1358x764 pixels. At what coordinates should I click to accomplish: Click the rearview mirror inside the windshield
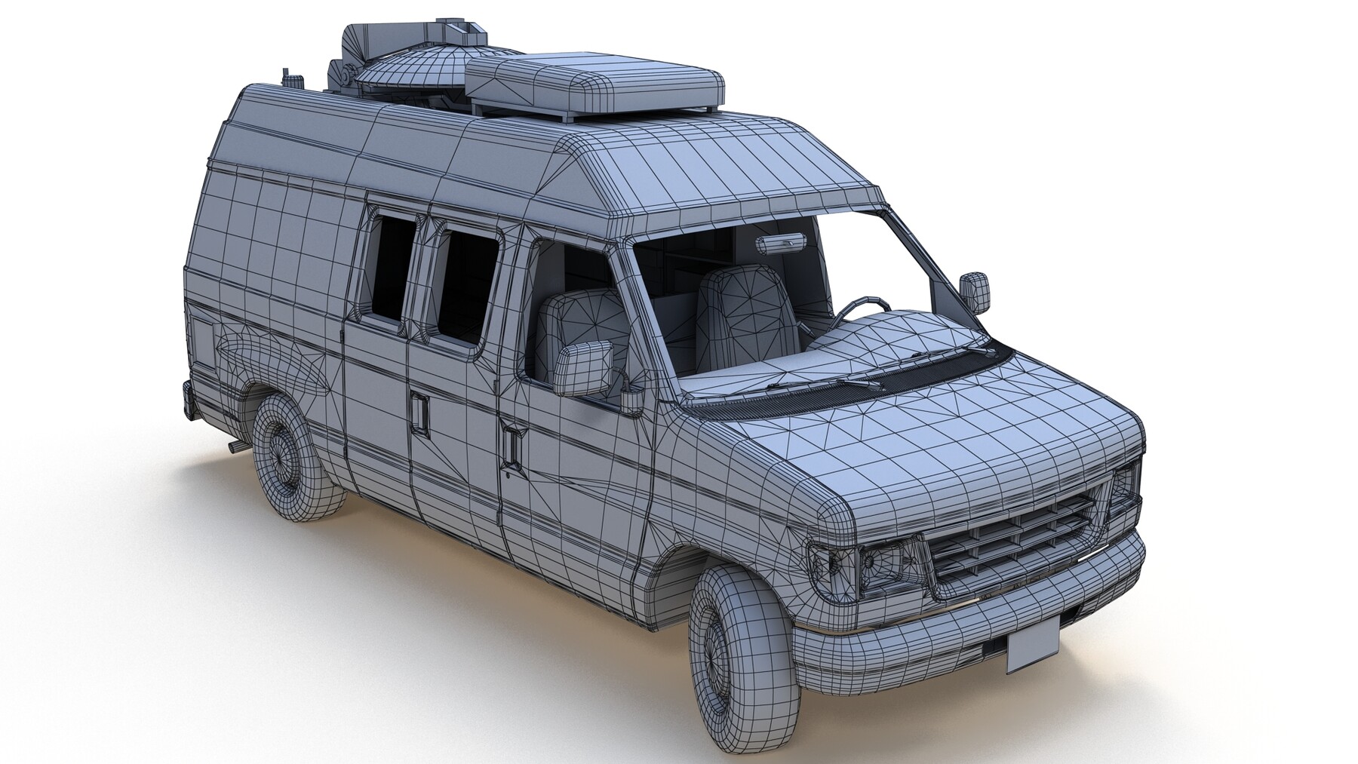click(x=783, y=243)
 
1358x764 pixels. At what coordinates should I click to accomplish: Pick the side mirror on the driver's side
click(x=975, y=293)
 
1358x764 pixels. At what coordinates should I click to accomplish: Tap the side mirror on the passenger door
click(x=584, y=369)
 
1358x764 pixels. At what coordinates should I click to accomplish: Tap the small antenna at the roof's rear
click(x=289, y=78)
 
